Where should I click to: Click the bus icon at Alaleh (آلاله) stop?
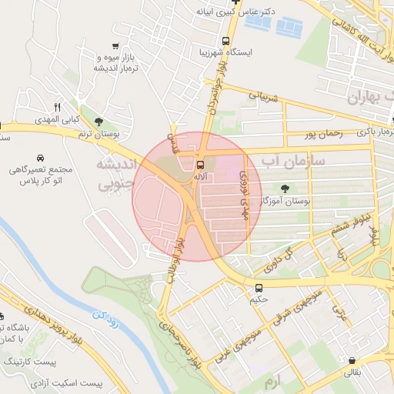(x=201, y=165)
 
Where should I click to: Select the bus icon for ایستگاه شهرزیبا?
(x=225, y=42)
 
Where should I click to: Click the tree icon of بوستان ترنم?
(x=98, y=122)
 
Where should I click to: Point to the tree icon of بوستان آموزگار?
(x=285, y=188)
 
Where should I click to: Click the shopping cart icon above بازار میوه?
(x=115, y=46)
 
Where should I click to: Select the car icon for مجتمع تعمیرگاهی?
(x=38, y=152)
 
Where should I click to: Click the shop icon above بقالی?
(x=352, y=360)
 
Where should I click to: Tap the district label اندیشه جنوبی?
(x=116, y=175)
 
